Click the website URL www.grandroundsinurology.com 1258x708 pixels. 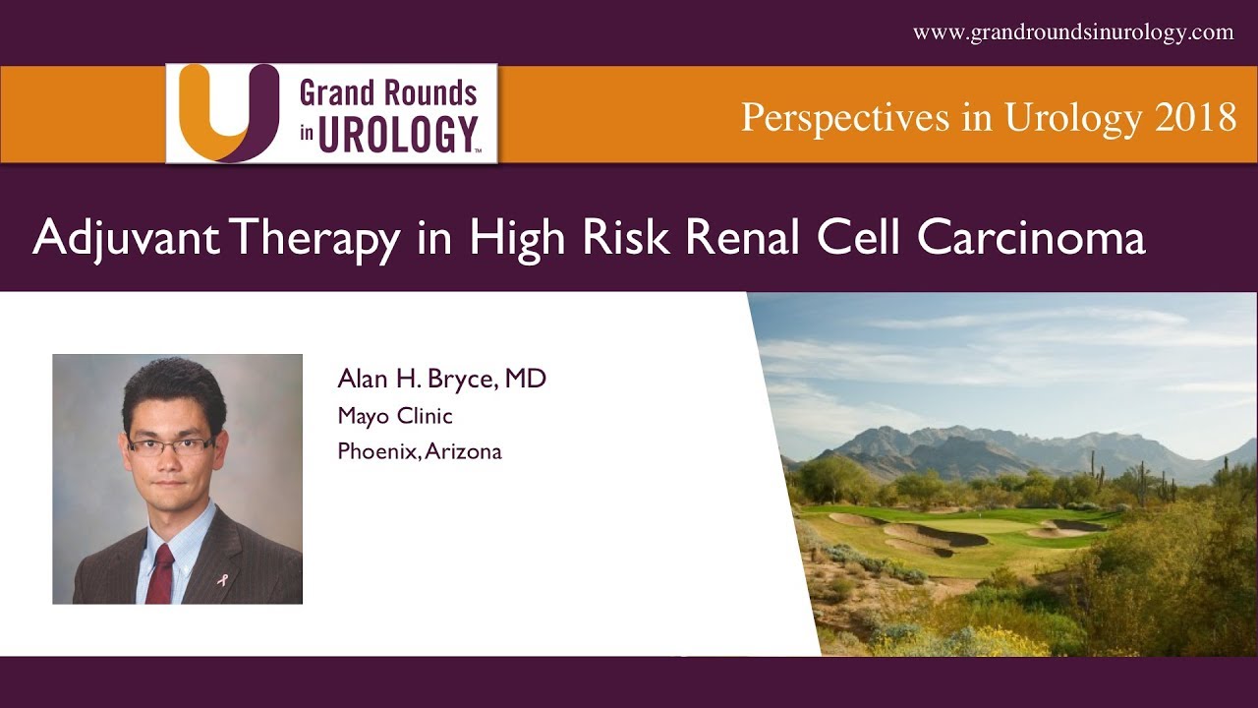coord(1073,32)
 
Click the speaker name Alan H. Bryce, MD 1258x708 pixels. coord(441,379)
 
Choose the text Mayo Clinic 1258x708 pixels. coord(395,416)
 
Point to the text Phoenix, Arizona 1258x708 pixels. coord(420,451)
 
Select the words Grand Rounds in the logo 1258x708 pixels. coord(388,93)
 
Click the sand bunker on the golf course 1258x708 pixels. coord(934,537)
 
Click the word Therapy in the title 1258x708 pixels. coord(318,239)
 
